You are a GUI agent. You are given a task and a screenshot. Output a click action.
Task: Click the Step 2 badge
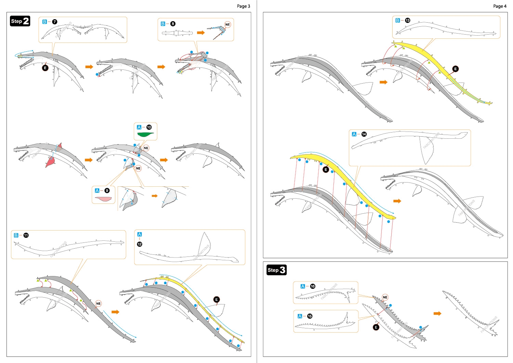tap(20, 21)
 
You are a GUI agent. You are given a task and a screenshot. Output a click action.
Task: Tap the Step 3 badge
tap(276, 270)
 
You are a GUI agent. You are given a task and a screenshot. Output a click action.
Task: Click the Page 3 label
tap(243, 6)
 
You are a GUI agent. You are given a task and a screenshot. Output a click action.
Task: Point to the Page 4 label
tap(500, 6)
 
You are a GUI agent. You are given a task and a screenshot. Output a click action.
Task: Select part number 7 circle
tap(55, 22)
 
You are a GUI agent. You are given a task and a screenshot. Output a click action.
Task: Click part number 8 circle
tap(173, 24)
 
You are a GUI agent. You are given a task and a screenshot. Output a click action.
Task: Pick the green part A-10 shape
tap(145, 134)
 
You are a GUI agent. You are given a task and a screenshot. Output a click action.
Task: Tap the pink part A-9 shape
tap(104, 199)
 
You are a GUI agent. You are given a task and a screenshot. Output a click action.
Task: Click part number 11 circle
tap(26, 235)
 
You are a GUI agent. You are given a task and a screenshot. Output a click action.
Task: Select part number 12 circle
tap(140, 244)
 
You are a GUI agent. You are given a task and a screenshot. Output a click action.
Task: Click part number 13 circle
tap(407, 21)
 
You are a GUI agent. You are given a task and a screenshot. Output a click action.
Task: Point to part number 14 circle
tap(364, 134)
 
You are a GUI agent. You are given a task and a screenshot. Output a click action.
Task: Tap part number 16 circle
tap(313, 286)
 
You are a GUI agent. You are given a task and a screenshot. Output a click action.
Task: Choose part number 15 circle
tap(310, 316)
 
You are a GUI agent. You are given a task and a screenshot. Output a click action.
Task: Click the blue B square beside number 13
tap(397, 21)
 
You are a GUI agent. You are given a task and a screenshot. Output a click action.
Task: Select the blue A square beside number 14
tap(354, 134)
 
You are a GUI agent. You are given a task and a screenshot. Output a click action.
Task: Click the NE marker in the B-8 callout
tap(227, 25)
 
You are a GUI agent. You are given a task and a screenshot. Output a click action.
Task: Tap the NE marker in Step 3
tap(385, 297)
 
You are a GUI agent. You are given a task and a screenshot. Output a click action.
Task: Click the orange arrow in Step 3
tap(437, 313)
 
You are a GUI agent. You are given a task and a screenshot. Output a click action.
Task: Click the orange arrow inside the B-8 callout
tap(201, 33)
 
